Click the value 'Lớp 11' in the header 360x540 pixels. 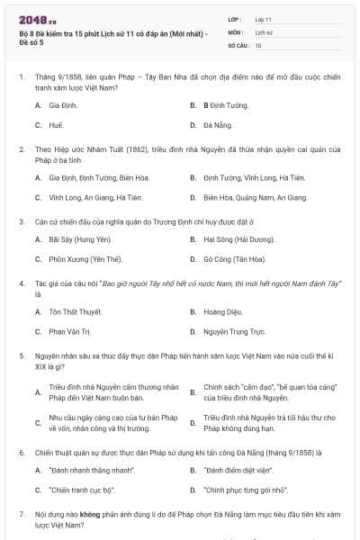click(x=264, y=19)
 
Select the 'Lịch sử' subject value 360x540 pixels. click(x=264, y=31)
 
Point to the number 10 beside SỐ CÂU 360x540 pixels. click(x=258, y=44)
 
